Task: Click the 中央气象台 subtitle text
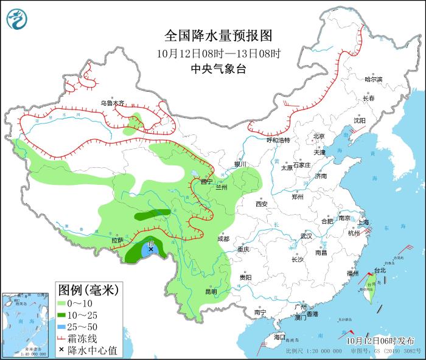pyautogui.click(x=218, y=69)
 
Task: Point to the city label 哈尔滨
pyautogui.click(x=373, y=80)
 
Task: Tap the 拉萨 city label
pyautogui.click(x=117, y=240)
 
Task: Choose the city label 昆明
pyautogui.click(x=211, y=291)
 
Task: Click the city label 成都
pyautogui.click(x=222, y=238)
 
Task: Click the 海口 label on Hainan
pyautogui.click(x=279, y=336)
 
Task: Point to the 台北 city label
pyautogui.click(x=380, y=270)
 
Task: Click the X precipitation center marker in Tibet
pyautogui.click(x=151, y=249)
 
